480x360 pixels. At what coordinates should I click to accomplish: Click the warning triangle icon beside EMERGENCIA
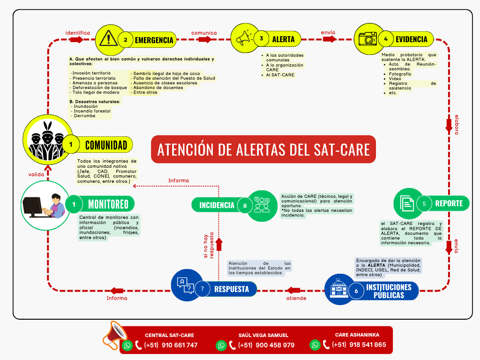coord(108,38)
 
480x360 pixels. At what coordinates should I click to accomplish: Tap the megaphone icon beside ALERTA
coord(244,38)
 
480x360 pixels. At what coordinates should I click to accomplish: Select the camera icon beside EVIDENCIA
coord(367,39)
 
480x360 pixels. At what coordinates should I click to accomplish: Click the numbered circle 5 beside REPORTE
coord(424,203)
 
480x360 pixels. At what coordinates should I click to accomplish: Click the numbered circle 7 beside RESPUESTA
coord(202,289)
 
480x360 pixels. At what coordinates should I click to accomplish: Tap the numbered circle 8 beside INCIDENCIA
coord(245,205)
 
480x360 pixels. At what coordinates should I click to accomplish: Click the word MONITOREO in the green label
coord(108,204)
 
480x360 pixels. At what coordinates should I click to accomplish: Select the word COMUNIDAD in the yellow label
coord(106,145)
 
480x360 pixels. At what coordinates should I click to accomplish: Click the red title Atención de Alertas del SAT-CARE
coord(263,150)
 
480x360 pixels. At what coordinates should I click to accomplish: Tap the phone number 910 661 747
coord(180,345)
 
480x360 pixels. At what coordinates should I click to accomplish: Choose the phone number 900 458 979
coord(275,345)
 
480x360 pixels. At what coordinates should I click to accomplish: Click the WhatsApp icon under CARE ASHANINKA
coord(315,345)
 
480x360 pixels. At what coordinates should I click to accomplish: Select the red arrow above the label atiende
coord(294,290)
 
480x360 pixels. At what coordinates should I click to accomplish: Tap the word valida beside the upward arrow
coord(36,174)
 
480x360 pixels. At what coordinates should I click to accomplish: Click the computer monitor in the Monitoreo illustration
coord(32,207)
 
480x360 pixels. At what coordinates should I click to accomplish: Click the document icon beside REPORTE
coord(407,203)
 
